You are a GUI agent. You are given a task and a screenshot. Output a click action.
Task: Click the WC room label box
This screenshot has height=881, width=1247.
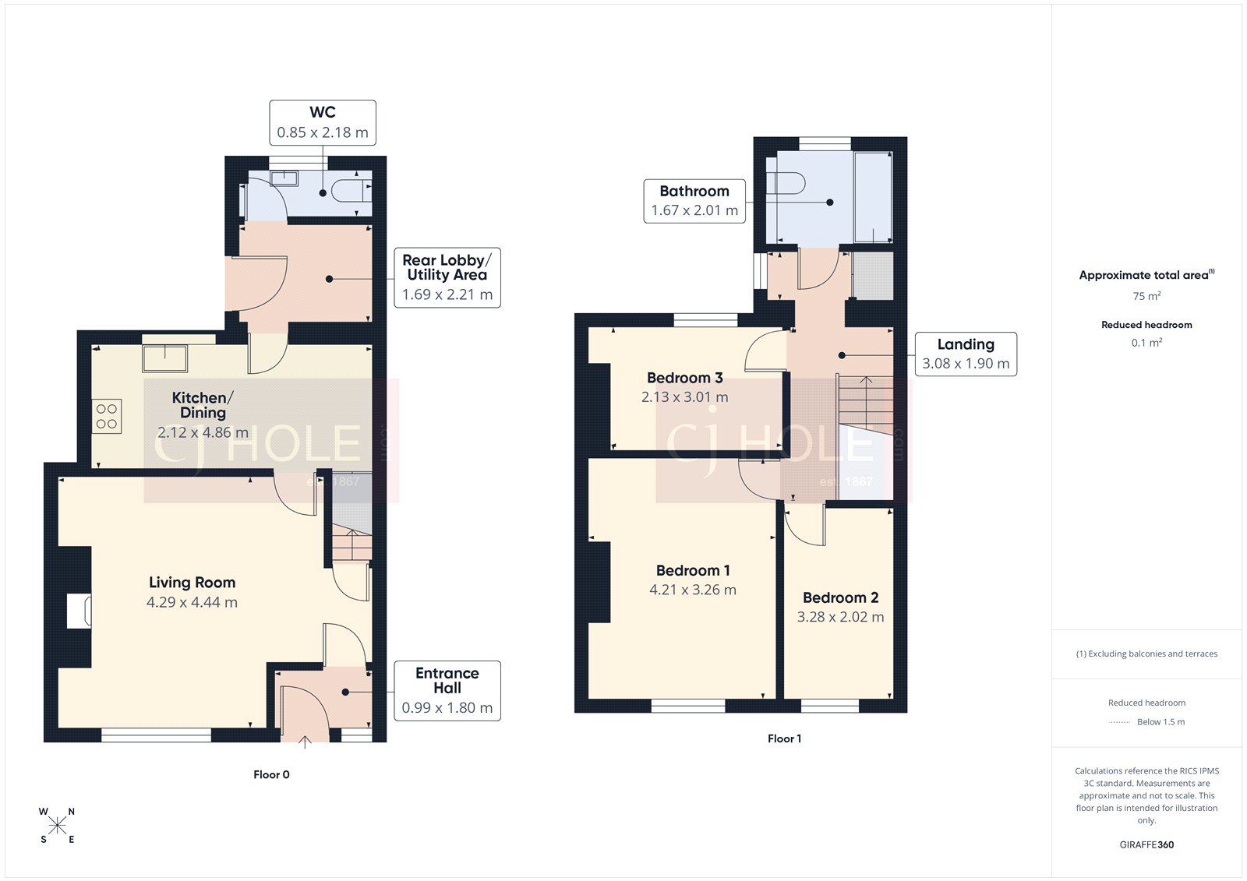tap(323, 122)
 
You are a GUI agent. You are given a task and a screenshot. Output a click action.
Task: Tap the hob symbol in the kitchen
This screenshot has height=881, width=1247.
tap(107, 416)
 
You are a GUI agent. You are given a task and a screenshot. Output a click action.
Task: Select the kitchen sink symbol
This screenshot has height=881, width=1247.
tap(164, 358)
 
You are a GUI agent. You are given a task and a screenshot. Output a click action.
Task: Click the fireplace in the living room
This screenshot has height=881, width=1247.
tap(79, 611)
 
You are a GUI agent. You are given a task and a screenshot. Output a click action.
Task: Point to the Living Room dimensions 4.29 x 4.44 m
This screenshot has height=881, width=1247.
tap(192, 602)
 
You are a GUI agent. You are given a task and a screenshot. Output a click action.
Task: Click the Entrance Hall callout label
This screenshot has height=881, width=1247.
tap(447, 690)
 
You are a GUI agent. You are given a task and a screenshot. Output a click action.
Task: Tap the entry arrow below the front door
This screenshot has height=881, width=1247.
tap(305, 742)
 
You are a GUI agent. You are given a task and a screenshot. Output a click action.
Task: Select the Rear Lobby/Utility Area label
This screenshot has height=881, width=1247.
tap(447, 277)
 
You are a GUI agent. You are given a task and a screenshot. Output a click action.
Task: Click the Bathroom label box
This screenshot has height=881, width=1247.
tap(694, 201)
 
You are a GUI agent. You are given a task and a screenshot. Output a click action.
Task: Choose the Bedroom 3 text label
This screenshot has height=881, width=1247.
tap(684, 378)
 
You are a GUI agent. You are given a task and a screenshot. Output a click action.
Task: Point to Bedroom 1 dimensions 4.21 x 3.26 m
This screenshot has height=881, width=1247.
tap(692, 590)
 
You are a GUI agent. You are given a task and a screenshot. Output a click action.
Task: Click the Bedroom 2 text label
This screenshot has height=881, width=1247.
tap(840, 597)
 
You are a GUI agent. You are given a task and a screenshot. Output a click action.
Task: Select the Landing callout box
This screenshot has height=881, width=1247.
tap(965, 354)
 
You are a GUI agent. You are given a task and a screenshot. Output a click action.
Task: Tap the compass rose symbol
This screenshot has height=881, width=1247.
tap(57, 826)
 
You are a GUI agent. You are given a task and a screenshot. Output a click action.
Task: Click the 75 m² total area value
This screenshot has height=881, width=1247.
tap(1146, 296)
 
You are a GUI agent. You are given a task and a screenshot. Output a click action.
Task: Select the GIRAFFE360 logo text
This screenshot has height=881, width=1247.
tap(1146, 844)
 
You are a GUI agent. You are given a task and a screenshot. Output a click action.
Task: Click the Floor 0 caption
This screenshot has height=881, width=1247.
tap(271, 774)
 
